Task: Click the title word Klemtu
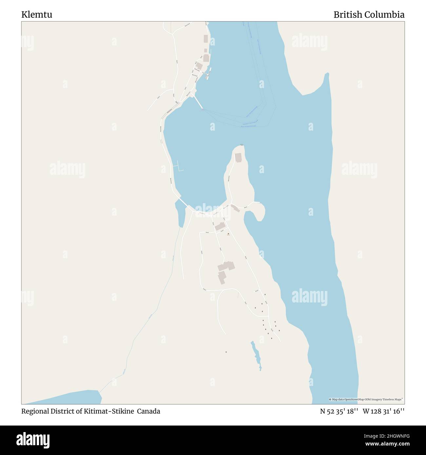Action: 37,15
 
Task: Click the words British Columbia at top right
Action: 369,15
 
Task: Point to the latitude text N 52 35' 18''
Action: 339,411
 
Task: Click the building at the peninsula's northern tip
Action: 238,157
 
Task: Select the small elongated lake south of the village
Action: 256,355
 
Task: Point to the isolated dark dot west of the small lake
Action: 226,352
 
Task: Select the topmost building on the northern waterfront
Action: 206,39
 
